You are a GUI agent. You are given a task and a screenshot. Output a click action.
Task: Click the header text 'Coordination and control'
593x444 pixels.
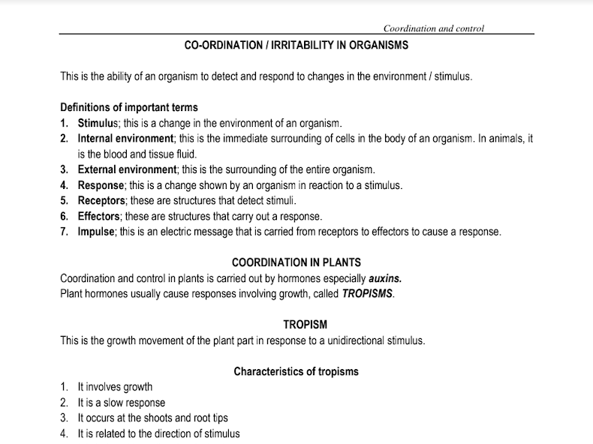[x=433, y=28]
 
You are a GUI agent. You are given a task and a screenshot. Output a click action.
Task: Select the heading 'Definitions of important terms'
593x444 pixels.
[x=128, y=107]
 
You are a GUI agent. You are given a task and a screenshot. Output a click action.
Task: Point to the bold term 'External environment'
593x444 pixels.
[x=127, y=169]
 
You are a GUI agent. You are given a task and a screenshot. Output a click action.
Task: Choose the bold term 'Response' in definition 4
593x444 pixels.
[x=101, y=185]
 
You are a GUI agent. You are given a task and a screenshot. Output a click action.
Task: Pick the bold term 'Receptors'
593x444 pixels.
[x=101, y=200]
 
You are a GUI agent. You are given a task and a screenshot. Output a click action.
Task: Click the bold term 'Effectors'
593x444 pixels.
[x=99, y=216]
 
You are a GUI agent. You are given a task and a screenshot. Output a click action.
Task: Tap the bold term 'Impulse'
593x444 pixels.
[x=96, y=231]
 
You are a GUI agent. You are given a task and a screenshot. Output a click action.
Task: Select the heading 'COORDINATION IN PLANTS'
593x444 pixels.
[x=296, y=262]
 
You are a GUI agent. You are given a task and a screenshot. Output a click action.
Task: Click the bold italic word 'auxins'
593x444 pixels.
[x=390, y=278]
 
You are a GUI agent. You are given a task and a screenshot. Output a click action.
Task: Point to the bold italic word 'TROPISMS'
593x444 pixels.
[x=367, y=293]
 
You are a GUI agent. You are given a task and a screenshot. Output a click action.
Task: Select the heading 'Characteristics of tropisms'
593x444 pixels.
[x=296, y=371]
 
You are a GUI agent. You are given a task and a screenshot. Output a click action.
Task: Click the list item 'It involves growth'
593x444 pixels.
[x=115, y=387]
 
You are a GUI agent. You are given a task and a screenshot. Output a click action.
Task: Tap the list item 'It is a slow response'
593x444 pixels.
[x=122, y=403]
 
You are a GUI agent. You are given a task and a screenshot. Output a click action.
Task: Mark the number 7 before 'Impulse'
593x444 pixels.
[x=64, y=231]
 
